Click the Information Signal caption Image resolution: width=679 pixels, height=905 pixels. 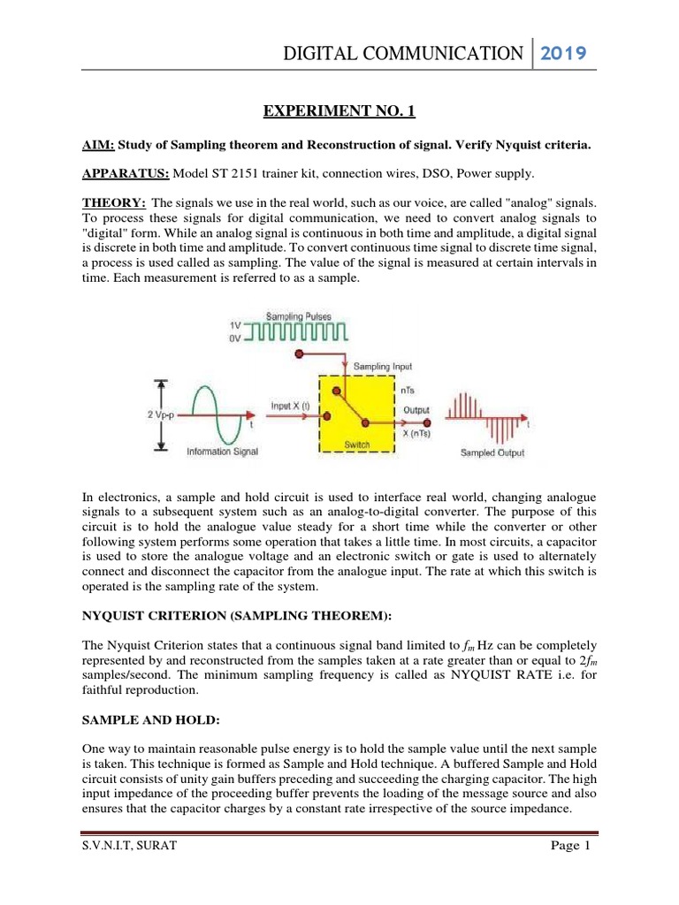(x=224, y=452)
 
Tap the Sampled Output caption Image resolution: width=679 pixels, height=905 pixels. (x=492, y=452)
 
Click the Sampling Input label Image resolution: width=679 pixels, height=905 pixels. (x=383, y=365)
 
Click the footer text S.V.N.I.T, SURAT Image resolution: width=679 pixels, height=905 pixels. (x=128, y=846)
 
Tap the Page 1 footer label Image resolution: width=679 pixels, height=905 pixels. (x=569, y=846)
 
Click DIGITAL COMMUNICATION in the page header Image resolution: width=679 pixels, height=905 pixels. (x=402, y=54)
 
